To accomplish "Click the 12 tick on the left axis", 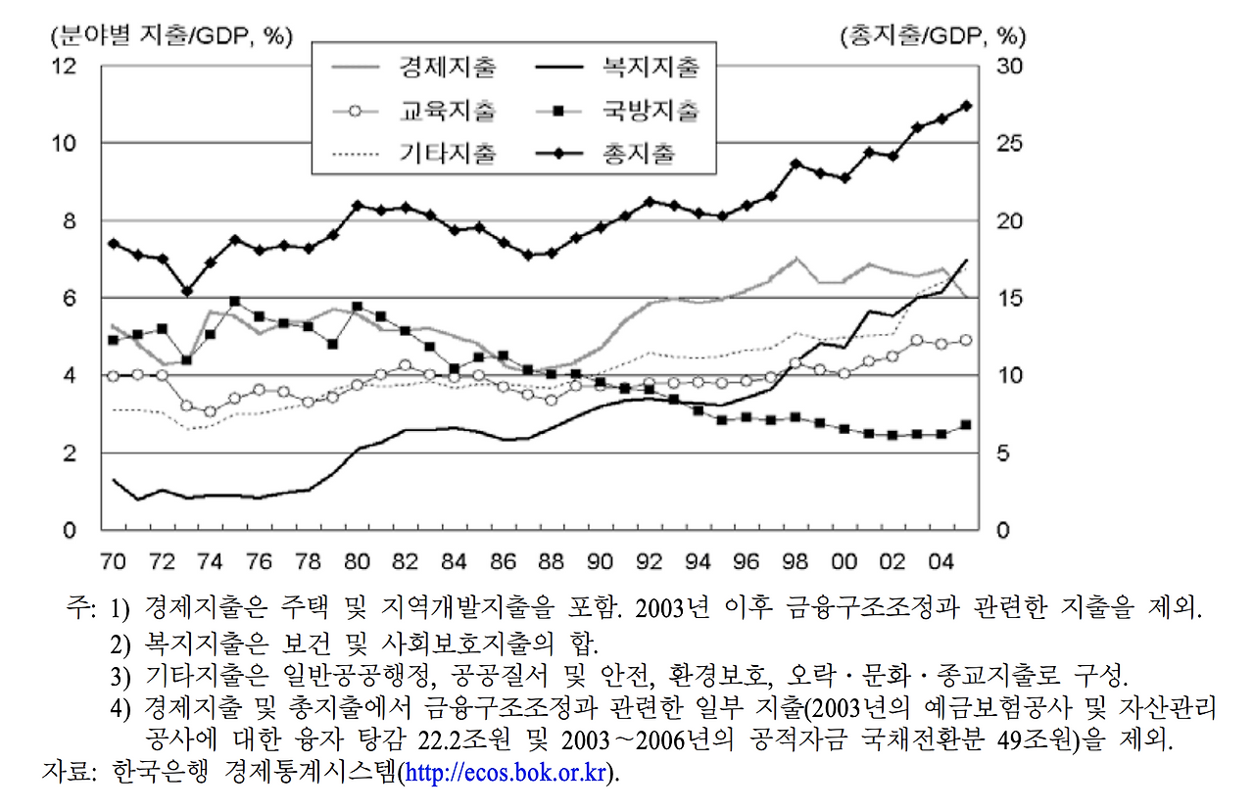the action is pos(64,67).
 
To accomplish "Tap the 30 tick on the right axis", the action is pos(1009,67).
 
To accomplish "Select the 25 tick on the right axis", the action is pos(1009,144).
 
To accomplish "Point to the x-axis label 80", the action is pos(357,561).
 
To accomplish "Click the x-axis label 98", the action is pos(795,561).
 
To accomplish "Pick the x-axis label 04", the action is pos(941,561).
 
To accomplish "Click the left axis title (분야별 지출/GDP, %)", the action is pos(171,36).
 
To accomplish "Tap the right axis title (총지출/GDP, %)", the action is pos(934,36).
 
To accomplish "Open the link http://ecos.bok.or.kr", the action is pos(506,773).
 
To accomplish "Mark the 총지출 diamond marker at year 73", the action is pos(187,291).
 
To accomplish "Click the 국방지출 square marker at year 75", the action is pos(235,302).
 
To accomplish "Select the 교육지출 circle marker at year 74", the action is pos(211,412).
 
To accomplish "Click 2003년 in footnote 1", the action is pos(672,608).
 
